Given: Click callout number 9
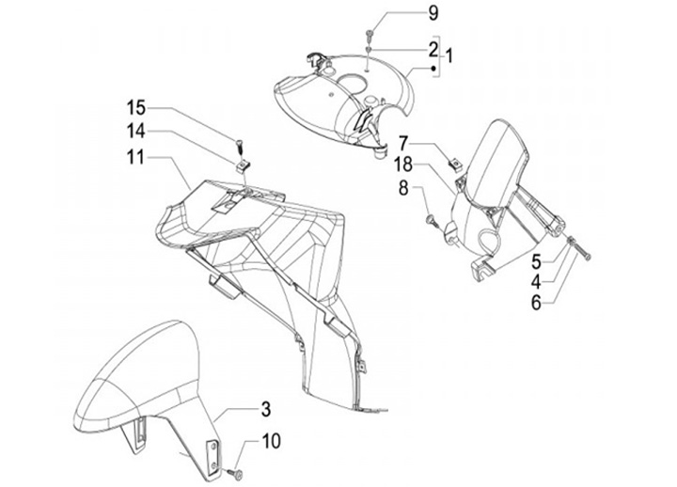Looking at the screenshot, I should pyautogui.click(x=433, y=12).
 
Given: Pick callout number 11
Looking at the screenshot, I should pyautogui.click(x=137, y=158).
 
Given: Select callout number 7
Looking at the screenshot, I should pyautogui.click(x=402, y=143).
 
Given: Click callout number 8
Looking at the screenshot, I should pyautogui.click(x=402, y=188).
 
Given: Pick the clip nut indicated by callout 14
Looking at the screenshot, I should pyautogui.click(x=241, y=165).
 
